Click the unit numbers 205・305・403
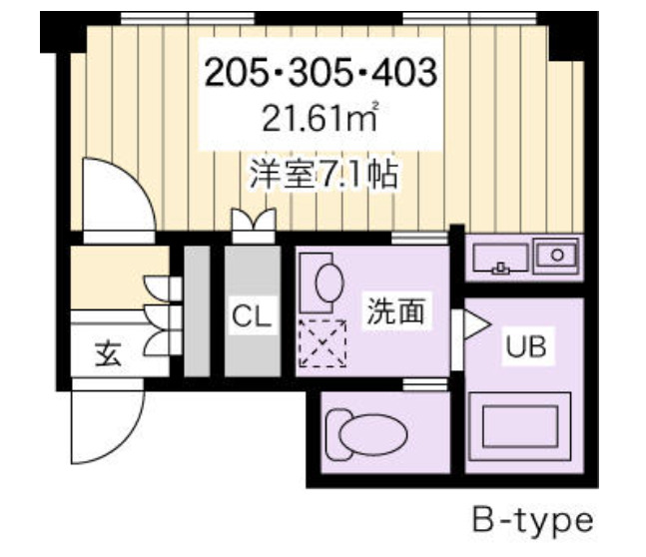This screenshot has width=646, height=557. (322, 72)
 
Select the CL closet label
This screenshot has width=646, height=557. (252, 317)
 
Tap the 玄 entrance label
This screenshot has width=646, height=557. (107, 354)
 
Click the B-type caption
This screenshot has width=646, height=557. (532, 520)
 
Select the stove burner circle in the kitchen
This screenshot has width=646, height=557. (557, 254)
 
